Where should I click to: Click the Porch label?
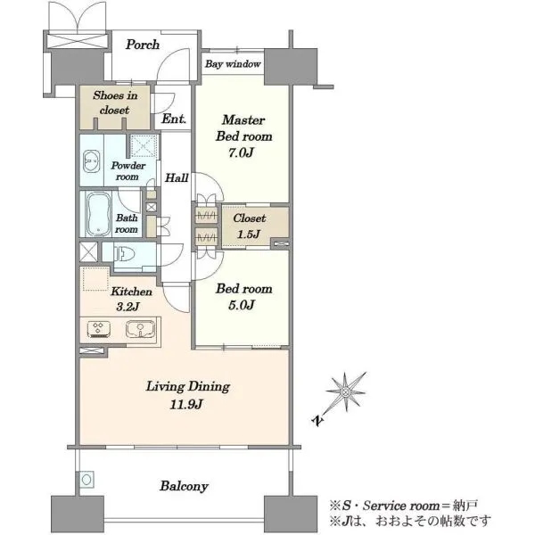point(143,45)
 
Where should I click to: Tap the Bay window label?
point(233,64)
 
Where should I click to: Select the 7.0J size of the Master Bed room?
point(241,152)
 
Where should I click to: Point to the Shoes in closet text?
point(115,103)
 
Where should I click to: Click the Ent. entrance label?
point(174,119)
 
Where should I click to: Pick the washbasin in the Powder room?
point(92,161)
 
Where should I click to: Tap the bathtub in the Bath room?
point(98,214)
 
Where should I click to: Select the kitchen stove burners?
point(99,329)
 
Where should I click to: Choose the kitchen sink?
point(141,329)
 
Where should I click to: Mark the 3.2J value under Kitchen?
point(128,307)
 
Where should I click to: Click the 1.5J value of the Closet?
point(249,234)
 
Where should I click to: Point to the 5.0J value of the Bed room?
point(242,305)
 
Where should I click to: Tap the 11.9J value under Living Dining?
point(186,404)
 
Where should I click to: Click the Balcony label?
point(184,486)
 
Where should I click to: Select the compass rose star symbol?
point(346,391)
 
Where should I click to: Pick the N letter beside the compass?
point(317,420)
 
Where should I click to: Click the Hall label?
point(177,177)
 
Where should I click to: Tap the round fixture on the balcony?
point(86,480)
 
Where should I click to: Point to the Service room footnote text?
point(404,506)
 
